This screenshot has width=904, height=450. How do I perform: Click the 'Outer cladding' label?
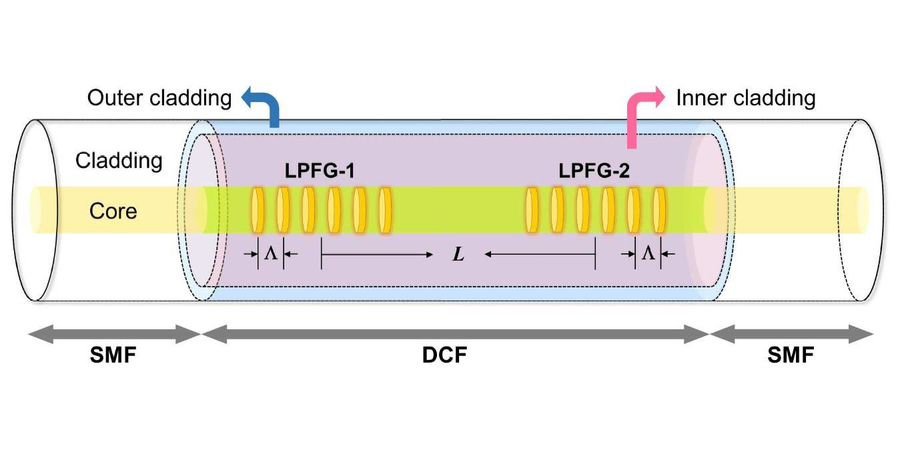click(159, 99)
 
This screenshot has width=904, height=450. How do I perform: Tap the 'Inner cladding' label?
click(746, 99)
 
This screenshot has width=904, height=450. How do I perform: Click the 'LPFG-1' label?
click(320, 171)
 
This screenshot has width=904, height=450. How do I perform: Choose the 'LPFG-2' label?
click(594, 171)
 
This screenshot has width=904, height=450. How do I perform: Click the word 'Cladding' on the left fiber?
click(119, 161)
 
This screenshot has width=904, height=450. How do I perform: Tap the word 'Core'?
click(113, 211)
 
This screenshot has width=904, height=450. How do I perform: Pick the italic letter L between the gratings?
click(458, 254)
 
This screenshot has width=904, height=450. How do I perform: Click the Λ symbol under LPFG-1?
click(271, 253)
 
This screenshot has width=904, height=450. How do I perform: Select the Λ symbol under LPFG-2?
click(648, 253)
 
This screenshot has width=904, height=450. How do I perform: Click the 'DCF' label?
click(444, 355)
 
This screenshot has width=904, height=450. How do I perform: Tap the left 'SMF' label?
click(113, 355)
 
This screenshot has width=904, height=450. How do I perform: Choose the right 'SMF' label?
click(791, 355)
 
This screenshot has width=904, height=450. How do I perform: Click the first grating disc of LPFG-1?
click(258, 210)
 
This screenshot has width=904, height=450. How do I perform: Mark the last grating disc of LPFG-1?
click(385, 210)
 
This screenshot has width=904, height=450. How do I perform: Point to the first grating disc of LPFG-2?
click(532, 210)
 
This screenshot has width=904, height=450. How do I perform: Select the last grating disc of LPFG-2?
click(659, 210)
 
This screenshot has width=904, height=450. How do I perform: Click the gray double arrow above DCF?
click(455, 334)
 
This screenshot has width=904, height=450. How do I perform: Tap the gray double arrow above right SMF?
click(791, 334)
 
